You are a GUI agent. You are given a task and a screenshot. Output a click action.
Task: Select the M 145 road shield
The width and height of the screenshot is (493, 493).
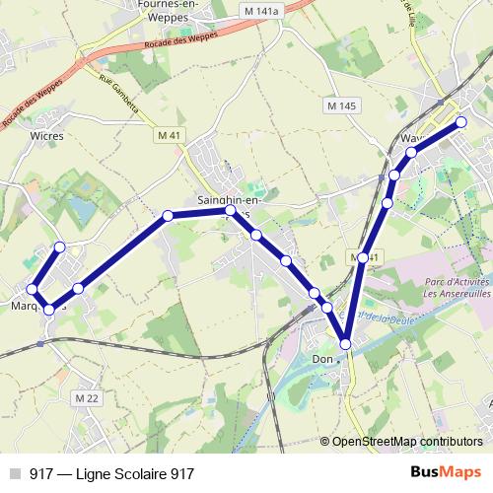point(342,106)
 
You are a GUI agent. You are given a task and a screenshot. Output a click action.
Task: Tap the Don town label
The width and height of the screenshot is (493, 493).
point(320,359)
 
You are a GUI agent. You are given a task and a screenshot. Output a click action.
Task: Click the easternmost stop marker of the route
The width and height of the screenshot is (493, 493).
point(460,122)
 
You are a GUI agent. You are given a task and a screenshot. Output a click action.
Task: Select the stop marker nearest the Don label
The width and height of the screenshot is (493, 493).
point(345,343)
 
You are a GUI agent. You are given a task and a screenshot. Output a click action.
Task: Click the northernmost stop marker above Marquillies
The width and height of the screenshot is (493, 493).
point(60,247)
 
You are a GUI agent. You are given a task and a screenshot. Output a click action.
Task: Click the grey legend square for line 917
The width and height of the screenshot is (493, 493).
point(15,474)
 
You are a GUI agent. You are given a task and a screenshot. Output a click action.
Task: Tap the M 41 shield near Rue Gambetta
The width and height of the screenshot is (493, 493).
point(170,134)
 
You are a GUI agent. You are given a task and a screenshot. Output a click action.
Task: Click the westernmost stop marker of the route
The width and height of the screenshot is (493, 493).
point(33,290)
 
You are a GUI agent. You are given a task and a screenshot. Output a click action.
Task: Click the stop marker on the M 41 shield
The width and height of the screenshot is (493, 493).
point(363,257)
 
